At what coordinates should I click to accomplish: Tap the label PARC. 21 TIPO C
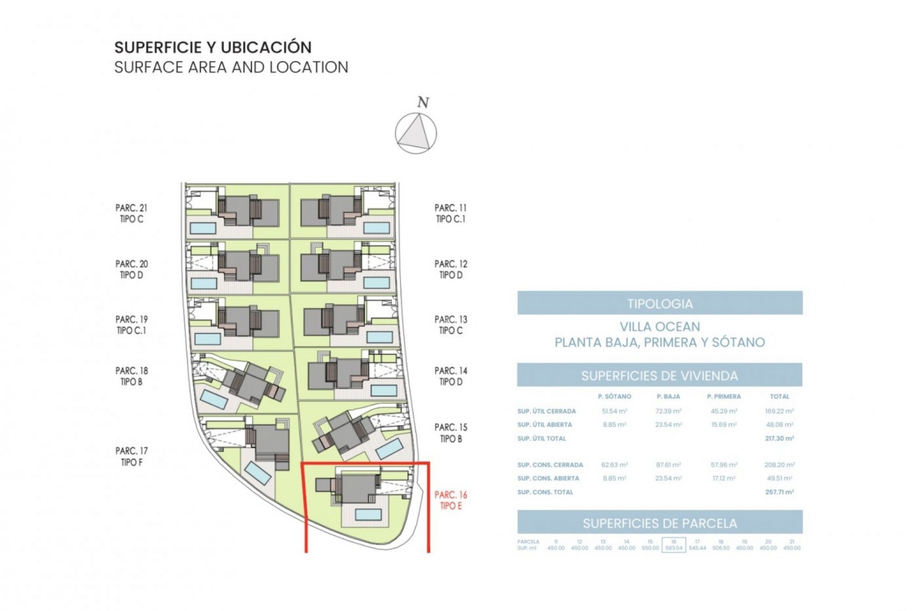pos(131,213)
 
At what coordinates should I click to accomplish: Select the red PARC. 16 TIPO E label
pos(450,501)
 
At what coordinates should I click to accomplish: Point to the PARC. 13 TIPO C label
pos(450,325)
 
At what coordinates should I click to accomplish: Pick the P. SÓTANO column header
pos(614,397)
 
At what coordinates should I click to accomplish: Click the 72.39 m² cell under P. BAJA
pos(668,411)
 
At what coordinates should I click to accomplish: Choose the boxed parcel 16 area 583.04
pos(673,545)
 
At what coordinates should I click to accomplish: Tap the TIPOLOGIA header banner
pos(660,303)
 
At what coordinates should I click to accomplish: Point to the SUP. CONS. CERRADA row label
pos(550,465)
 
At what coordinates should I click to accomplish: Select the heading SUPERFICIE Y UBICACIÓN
pos(213,47)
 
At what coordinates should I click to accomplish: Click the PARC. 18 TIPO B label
pos(131,376)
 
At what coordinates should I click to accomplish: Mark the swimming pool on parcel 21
pos(203,229)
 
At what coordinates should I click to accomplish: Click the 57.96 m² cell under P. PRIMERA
pos(724,465)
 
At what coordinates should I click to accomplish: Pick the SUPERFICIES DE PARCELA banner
pos(660,523)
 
